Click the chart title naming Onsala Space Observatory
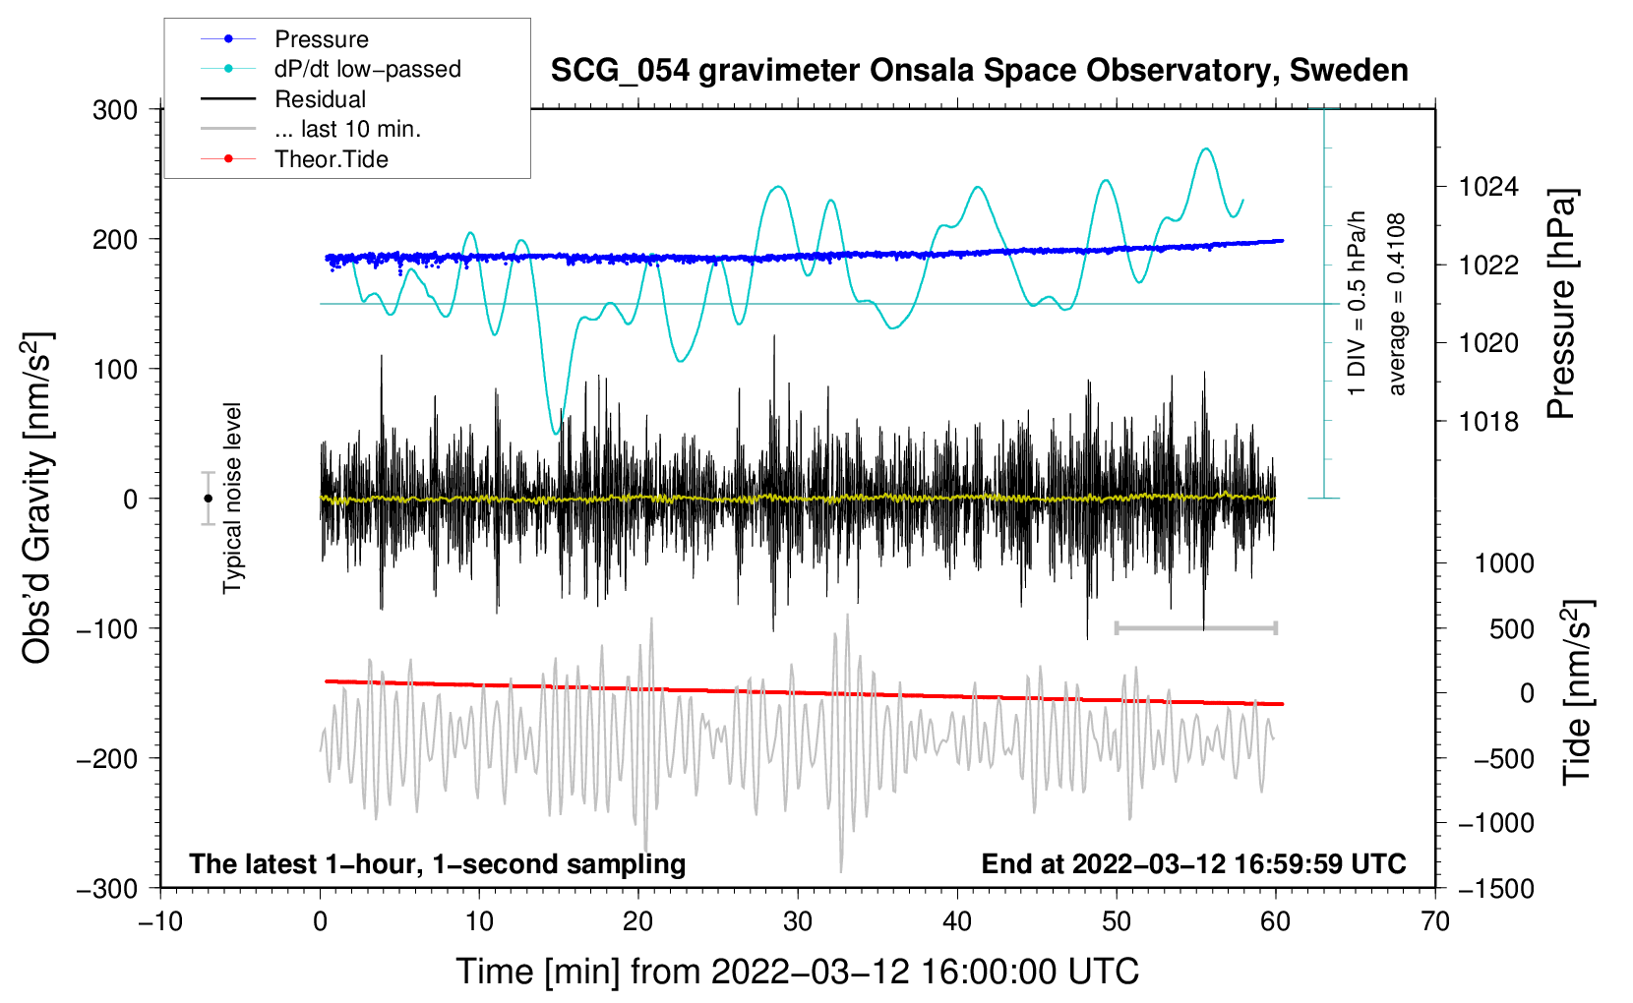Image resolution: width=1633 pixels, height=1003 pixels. pos(979,71)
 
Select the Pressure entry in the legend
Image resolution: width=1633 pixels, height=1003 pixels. pos(321,39)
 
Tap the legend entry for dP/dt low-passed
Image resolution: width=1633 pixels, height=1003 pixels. pos(367,69)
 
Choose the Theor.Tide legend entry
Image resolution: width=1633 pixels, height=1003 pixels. pos(331,159)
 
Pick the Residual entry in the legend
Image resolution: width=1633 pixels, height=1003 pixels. pos(320,99)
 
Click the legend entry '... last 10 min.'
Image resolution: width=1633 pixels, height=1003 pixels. pos(347,129)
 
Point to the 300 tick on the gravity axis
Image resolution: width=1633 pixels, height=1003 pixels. pos(115,110)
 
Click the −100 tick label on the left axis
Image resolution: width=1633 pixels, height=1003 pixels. pos(107,628)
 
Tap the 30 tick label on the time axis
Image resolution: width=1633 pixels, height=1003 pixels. pos(798,921)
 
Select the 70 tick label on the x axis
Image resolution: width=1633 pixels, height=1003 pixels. pos(1435,921)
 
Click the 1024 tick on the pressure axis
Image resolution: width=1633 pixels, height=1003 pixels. pos(1488,187)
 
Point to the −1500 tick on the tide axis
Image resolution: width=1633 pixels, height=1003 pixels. pos(1495,888)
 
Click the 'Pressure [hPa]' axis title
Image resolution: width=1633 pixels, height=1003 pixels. pos(1561,305)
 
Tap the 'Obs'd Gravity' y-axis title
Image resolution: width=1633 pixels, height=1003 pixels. pos(37,499)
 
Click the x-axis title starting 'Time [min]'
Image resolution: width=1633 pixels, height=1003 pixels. pos(798,972)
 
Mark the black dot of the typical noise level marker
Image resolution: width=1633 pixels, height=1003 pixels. pos(208,499)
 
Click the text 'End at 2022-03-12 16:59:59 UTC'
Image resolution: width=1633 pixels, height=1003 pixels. pos(1193,864)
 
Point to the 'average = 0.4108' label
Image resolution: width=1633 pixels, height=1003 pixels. pos(1397,305)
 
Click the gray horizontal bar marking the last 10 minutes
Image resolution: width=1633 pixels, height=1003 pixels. pos(1195,627)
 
